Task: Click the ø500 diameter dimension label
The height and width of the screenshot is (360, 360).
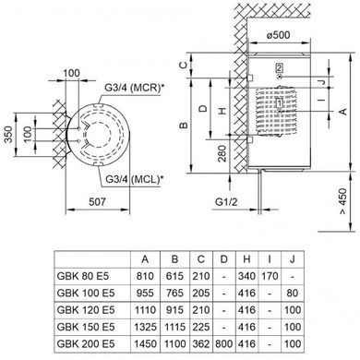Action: (x=278, y=35)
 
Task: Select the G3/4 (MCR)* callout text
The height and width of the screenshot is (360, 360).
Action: (x=134, y=88)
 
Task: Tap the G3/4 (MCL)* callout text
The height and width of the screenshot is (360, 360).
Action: (x=134, y=179)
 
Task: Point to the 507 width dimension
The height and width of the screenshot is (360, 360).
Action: (x=97, y=202)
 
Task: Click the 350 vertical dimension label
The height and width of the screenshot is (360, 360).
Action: (x=9, y=135)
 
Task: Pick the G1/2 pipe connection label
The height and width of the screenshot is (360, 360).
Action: (x=226, y=202)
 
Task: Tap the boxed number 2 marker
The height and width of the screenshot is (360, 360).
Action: (x=279, y=67)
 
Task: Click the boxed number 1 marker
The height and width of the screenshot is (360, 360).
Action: (x=279, y=102)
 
